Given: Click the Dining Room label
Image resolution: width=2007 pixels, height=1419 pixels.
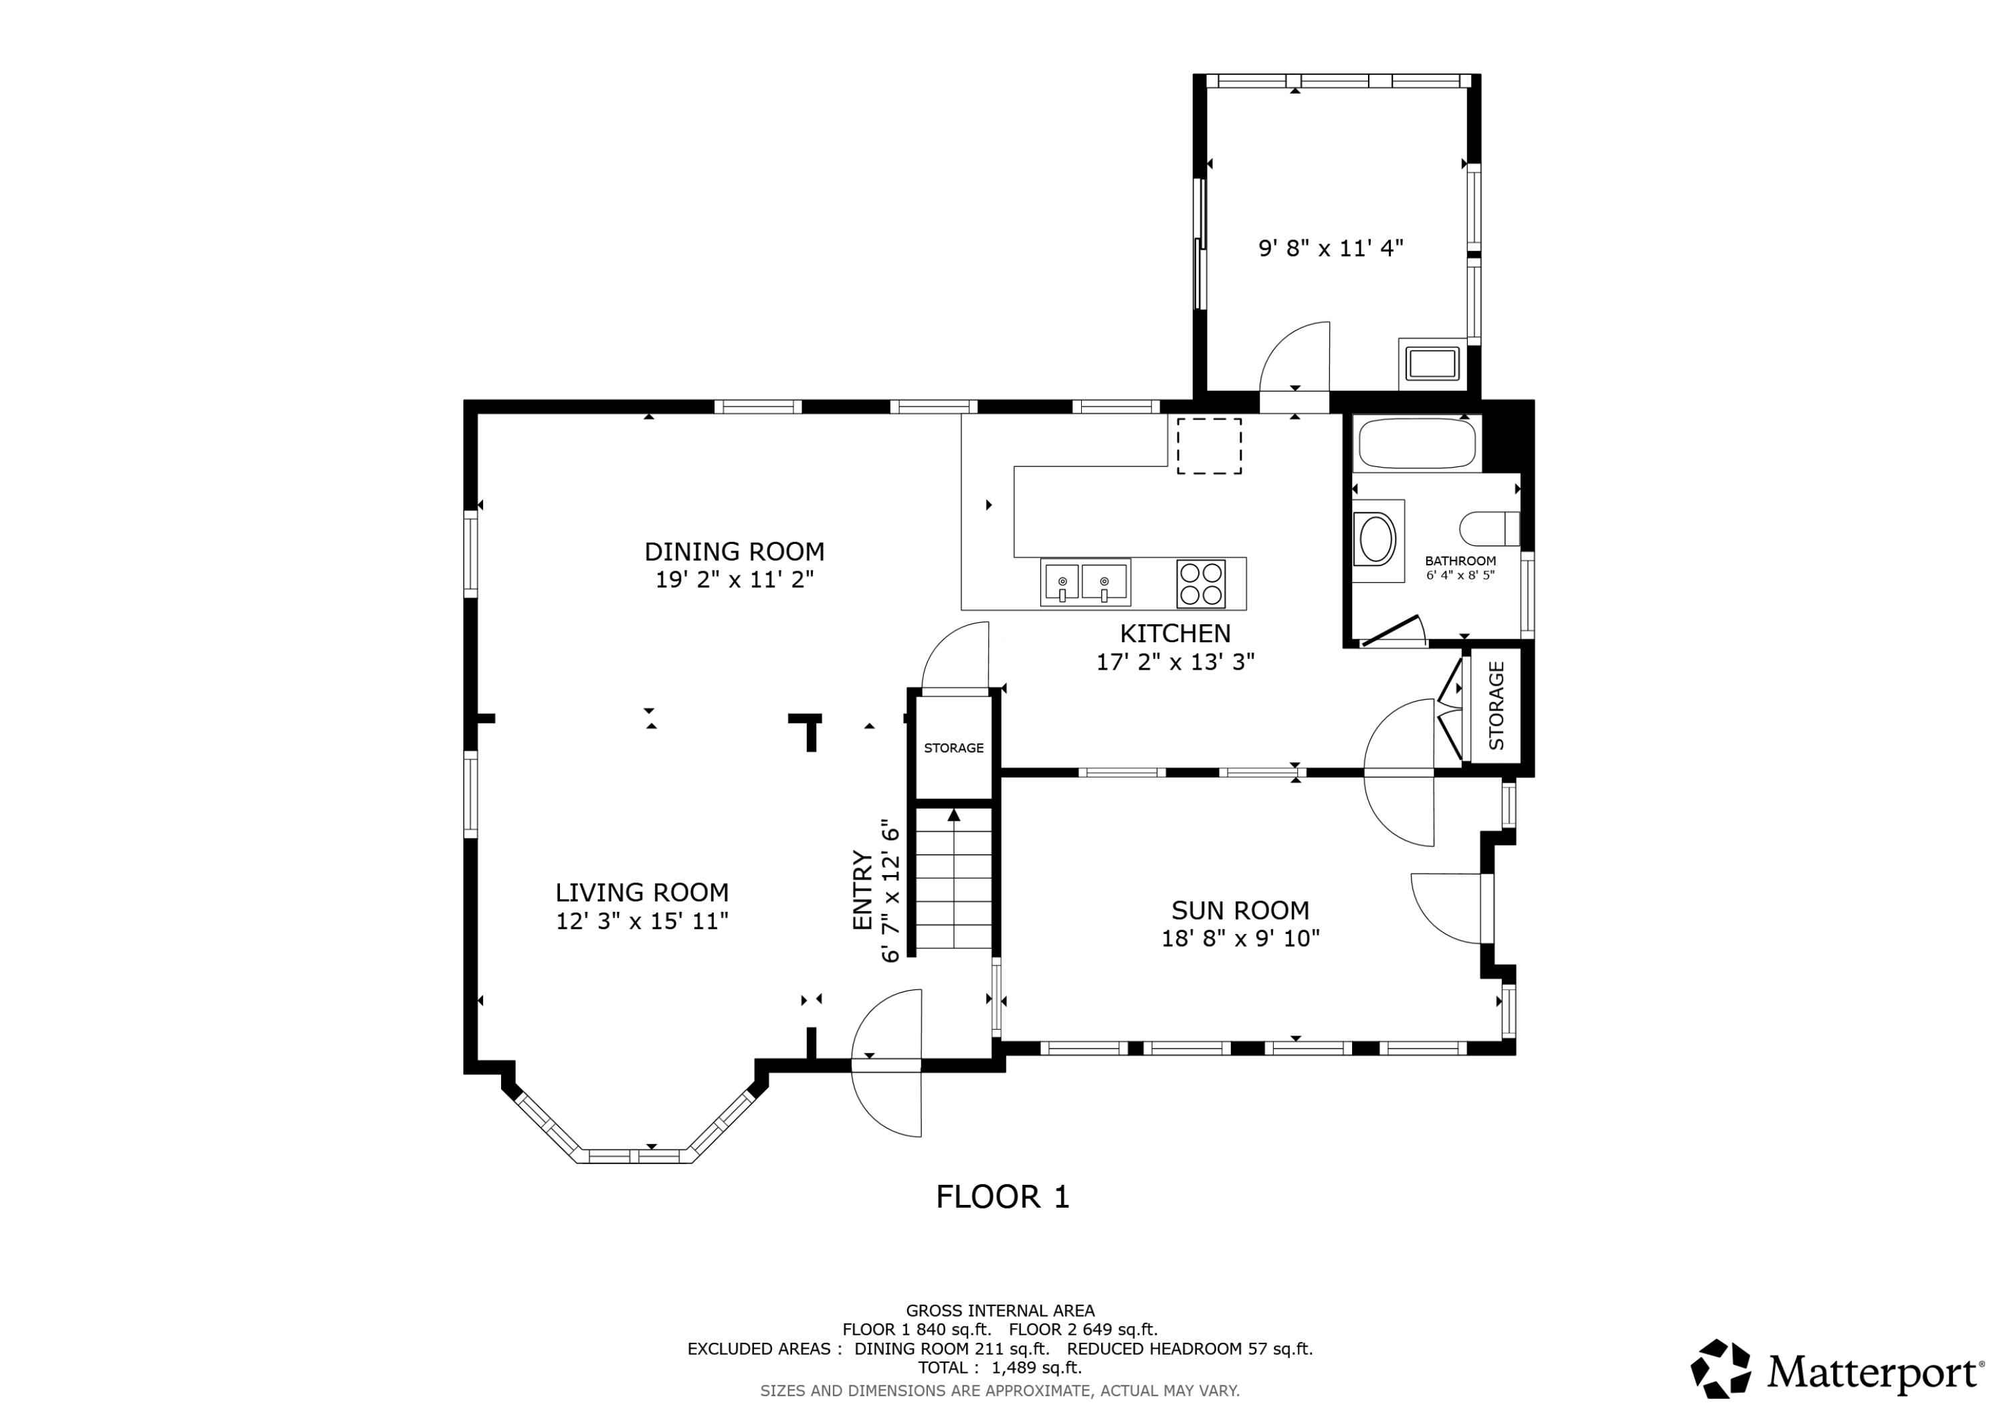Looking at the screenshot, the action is point(735,552).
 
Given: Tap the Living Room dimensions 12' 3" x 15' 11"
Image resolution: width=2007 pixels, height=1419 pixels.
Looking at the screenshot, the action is point(642,921).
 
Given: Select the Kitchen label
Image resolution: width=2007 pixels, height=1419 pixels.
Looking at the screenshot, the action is point(1175,633).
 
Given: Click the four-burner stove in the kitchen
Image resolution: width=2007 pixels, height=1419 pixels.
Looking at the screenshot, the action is point(1201,583).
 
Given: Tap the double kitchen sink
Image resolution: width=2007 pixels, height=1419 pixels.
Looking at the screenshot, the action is point(1085,582).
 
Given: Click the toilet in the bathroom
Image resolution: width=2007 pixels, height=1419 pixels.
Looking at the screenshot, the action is point(1489,528).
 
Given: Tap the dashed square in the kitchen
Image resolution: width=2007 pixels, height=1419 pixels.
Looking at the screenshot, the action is point(1209,446).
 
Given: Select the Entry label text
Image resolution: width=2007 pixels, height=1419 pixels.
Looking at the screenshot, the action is point(863,890).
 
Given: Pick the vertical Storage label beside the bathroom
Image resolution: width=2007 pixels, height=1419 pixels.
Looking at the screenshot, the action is point(1497,706).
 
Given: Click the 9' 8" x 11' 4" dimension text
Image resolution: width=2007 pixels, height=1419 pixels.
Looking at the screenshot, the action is point(1331,248).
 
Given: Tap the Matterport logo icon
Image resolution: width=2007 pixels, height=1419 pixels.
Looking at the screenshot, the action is point(1720,1368).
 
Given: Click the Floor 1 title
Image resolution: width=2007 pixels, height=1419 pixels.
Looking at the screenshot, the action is point(1003,1197).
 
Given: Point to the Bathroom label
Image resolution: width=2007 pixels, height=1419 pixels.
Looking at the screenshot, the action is point(1460,561).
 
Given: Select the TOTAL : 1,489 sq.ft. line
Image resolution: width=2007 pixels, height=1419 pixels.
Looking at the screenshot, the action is point(1000,1368).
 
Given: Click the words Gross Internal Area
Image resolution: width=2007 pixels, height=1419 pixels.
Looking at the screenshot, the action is point(1000,1311).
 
